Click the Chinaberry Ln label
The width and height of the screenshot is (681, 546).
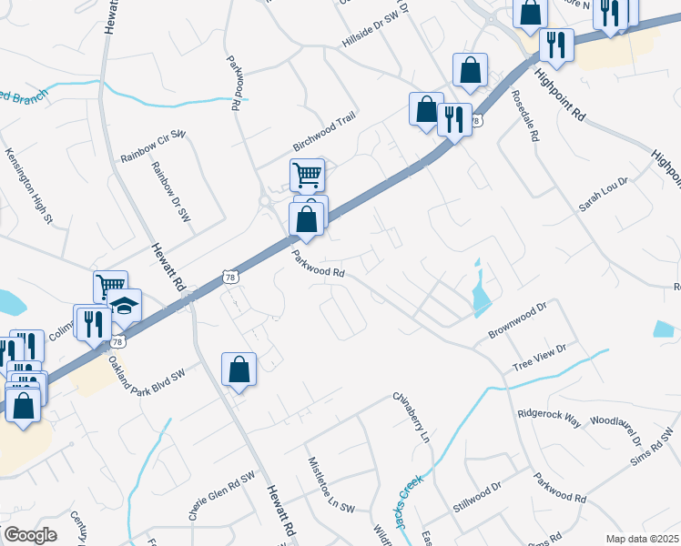point(411,416)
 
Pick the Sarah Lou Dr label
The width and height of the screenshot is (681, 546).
point(604,195)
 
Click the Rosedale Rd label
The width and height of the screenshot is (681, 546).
point(526,116)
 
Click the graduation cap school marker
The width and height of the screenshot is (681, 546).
point(126,305)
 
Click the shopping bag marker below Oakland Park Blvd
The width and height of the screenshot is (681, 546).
point(239,369)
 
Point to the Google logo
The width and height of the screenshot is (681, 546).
point(29,535)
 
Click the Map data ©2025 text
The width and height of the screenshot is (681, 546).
point(641,539)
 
